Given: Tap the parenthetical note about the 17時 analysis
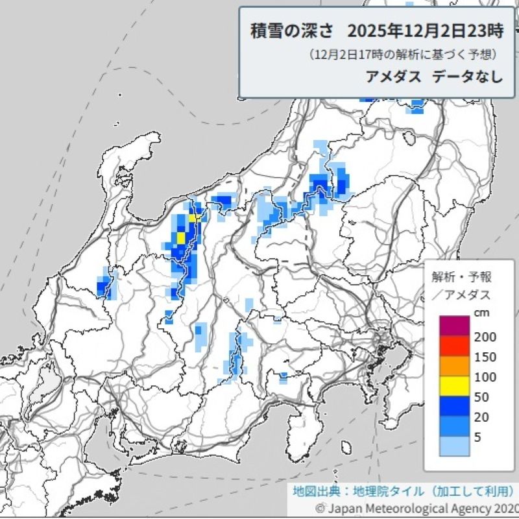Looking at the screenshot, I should click(x=402, y=54).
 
